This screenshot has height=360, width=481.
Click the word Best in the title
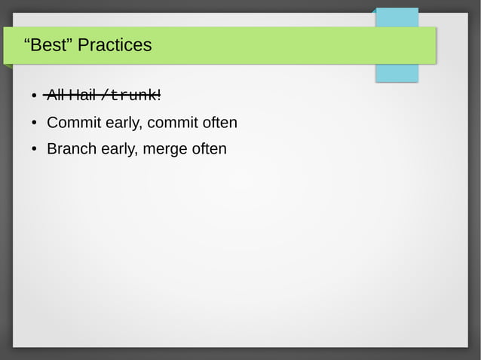50,45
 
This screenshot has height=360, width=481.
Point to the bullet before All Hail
35,96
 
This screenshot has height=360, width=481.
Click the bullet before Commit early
35,123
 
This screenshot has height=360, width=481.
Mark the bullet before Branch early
35,149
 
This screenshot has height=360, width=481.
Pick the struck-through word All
55,96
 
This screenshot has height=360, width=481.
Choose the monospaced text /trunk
128,96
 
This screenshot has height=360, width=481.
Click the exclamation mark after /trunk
159,96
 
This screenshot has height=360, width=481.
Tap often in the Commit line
220,122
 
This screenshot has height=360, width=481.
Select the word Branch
70,148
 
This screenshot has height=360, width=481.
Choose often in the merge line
209,148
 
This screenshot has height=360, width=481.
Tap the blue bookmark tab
397,72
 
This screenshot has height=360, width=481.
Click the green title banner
264,45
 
